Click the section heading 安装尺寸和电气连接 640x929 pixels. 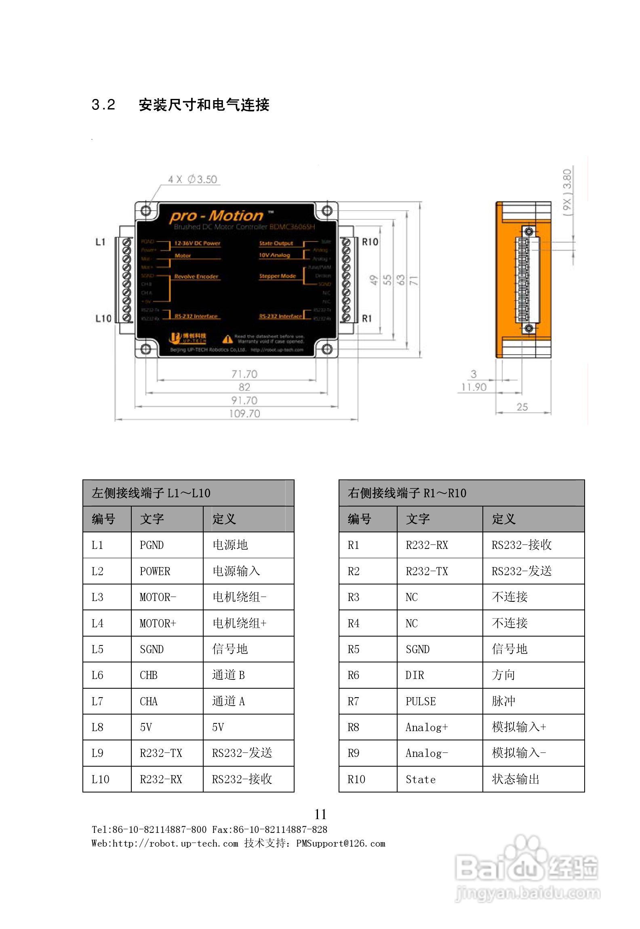(204, 105)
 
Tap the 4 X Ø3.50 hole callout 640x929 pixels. (193, 179)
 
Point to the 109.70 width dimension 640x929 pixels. (244, 414)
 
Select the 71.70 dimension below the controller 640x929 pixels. (244, 374)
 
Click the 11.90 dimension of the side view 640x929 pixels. (474, 387)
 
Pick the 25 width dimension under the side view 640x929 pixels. (522, 407)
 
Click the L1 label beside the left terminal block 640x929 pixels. (100, 242)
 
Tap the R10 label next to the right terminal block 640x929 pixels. (370, 242)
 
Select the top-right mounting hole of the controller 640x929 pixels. (327, 210)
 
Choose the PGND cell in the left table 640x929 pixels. (152, 545)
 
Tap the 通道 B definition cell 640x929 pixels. (228, 675)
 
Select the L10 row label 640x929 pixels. (100, 779)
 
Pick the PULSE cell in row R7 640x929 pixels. (421, 701)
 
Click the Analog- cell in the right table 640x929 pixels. (427, 753)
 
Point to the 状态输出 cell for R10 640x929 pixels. (516, 779)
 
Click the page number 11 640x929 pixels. (320, 814)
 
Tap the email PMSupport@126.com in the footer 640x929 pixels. (341, 844)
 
